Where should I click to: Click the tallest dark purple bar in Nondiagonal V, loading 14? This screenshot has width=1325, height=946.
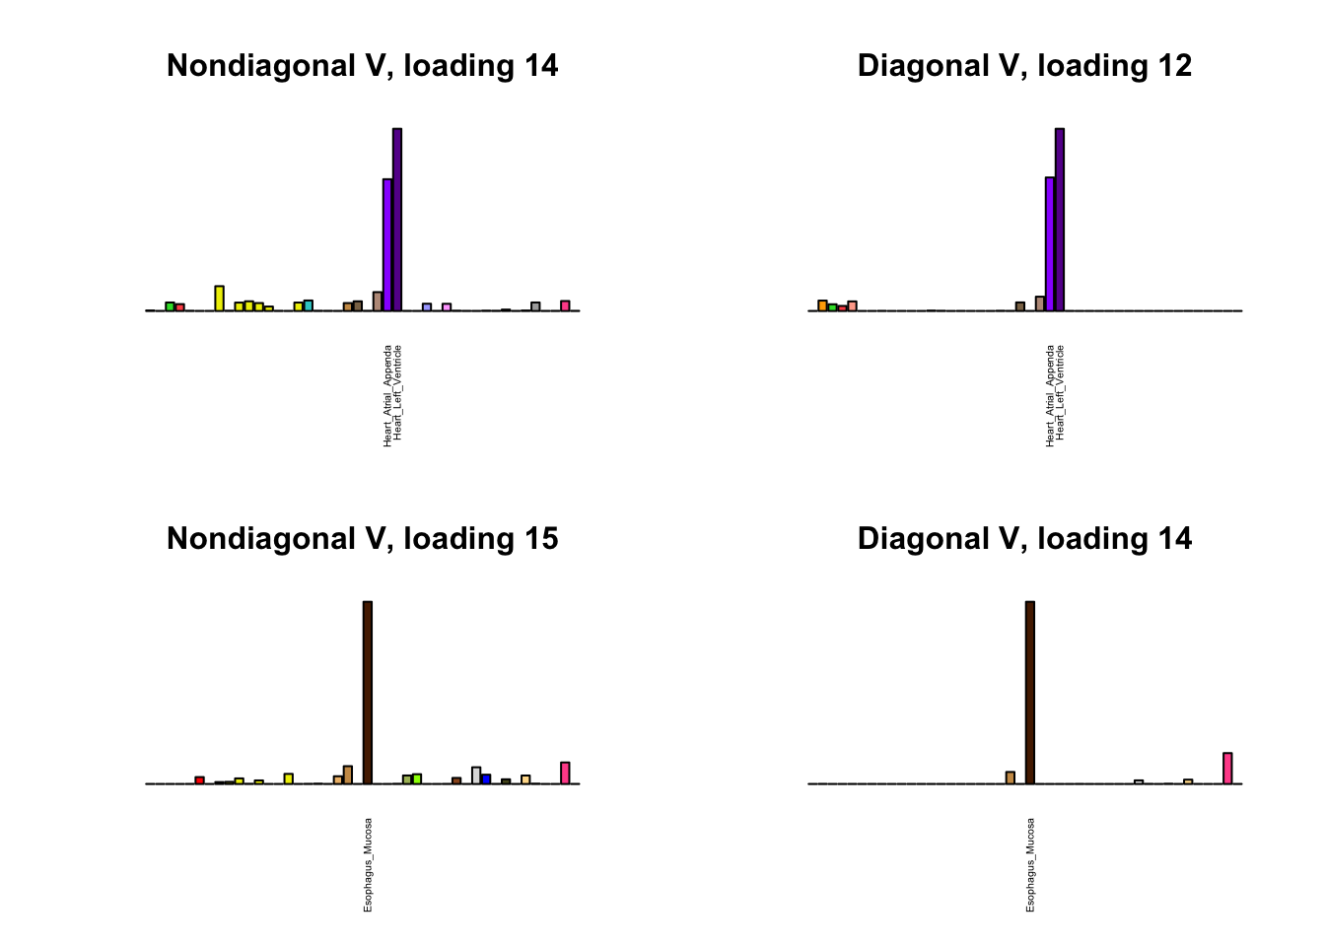[397, 219]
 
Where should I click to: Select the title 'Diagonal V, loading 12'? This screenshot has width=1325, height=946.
[1024, 66]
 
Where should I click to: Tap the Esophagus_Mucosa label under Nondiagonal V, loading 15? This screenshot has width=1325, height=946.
[369, 864]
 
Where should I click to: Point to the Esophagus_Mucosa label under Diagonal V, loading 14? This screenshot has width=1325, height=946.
[1031, 864]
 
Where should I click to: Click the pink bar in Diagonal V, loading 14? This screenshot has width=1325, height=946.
[1227, 769]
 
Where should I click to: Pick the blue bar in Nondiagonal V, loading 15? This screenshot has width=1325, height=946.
[486, 779]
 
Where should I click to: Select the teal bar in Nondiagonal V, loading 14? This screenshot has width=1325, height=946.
[309, 305]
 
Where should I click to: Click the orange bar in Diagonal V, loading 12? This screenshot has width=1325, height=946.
[822, 305]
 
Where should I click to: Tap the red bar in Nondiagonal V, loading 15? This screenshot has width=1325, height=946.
[199, 780]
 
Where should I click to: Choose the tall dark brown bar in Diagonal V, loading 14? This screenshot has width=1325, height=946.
[1030, 692]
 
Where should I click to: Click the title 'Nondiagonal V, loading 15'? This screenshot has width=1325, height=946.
[362, 539]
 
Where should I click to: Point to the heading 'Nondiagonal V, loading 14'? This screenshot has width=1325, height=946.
[362, 66]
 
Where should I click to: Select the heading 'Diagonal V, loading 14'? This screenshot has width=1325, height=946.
[1024, 539]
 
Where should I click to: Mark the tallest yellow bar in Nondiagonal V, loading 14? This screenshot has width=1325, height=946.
[220, 299]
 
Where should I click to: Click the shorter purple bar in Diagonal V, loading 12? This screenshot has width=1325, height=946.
[1050, 243]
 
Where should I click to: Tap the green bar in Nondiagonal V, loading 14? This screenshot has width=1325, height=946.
[170, 306]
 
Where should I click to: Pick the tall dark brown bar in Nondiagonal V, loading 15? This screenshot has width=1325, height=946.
[368, 692]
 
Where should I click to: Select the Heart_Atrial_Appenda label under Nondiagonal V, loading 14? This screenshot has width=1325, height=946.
[388, 395]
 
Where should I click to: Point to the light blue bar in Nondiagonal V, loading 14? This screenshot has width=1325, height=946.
[427, 306]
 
